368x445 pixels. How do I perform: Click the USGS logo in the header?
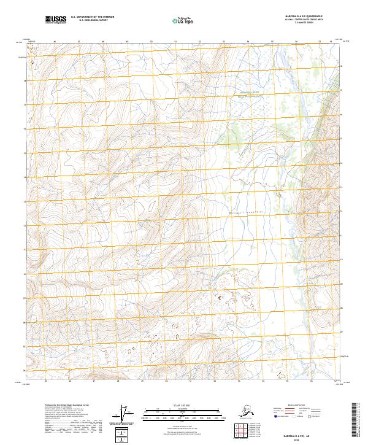tap(56, 20)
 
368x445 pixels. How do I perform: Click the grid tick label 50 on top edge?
tap(151, 42)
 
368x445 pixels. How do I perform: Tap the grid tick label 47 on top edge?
tap(79, 42)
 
